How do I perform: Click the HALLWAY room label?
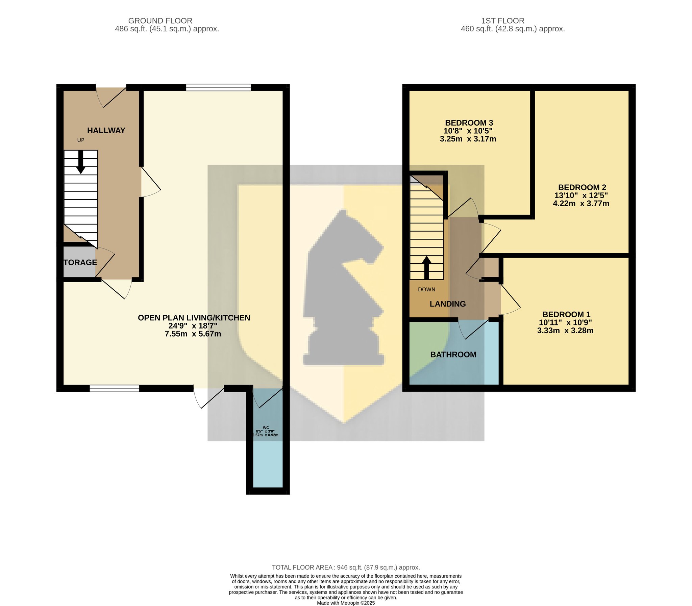tap(106, 131)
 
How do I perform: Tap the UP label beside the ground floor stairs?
tap(80, 140)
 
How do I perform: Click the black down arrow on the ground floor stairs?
tap(80, 162)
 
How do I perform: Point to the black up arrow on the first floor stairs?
tap(427, 268)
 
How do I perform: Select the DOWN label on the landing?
tap(427, 289)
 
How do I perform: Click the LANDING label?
tap(448, 304)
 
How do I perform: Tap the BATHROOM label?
tap(453, 355)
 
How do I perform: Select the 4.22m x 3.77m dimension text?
tap(581, 204)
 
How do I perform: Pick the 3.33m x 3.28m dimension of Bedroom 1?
tap(565, 331)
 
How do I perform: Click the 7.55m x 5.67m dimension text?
tap(193, 334)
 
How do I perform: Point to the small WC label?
tap(266, 428)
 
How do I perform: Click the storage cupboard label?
tap(80, 262)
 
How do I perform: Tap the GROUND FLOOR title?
tap(160, 21)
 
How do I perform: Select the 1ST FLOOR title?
tap(503, 21)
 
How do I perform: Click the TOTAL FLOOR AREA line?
tap(346, 568)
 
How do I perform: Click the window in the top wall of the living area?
tap(218, 87)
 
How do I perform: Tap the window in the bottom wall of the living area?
tap(114, 389)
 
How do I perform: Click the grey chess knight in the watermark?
tap(343, 287)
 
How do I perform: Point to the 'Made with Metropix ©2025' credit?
tap(346, 603)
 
